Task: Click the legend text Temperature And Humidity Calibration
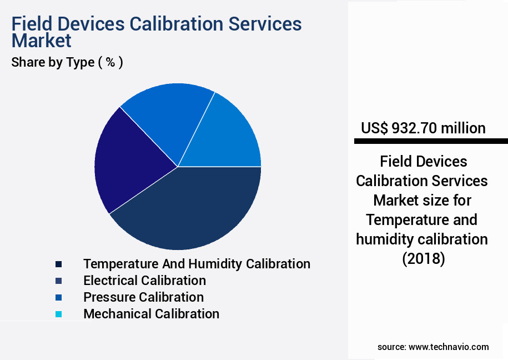[x=197, y=263]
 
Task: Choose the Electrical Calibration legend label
[x=144, y=280]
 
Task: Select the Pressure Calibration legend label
[x=143, y=297]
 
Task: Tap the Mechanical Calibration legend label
[x=151, y=313]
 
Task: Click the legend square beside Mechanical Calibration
[x=58, y=314]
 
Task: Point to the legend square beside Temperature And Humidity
[x=58, y=264]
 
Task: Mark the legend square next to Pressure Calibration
[x=58, y=297]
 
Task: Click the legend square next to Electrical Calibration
[x=58, y=281]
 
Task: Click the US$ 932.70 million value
[x=423, y=128]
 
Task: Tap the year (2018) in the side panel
[x=423, y=259]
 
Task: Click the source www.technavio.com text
[x=433, y=347]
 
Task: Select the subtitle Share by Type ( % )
[x=67, y=62]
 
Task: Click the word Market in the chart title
[x=41, y=41]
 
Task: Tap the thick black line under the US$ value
[x=431, y=142]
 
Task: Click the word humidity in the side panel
[x=388, y=239]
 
